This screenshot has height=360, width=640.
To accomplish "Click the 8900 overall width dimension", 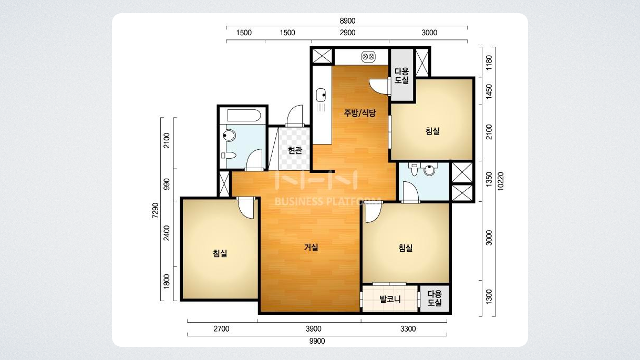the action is point(347,21).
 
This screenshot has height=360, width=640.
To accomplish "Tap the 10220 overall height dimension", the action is point(501,181).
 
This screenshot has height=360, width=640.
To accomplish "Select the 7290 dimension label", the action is point(155,211).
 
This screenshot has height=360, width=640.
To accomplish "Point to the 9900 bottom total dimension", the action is point(317,341).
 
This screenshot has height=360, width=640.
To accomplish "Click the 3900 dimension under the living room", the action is point(313,329).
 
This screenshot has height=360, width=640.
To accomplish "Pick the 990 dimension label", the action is point(167,184).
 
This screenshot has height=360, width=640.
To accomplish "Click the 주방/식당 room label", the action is point(360,113).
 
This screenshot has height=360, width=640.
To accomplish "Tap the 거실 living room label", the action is point(311,248).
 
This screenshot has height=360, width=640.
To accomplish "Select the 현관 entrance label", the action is point(295,150).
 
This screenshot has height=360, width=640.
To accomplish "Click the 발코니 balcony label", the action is point(390,299).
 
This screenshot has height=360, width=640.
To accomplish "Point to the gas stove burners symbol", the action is point(368,57).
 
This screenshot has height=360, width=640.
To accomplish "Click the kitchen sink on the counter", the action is point(321,95).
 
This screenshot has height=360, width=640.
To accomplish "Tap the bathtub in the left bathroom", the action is point(244,116).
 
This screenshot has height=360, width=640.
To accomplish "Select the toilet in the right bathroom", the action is point(414,169).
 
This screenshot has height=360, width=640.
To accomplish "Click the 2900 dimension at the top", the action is point(347,33).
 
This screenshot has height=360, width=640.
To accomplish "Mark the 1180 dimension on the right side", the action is point(489,63).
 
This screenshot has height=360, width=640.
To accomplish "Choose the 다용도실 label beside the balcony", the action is point(435,299).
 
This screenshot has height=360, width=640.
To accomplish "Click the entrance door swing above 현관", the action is point(294,116).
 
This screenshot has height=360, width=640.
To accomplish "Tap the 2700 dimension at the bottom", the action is point(221,329).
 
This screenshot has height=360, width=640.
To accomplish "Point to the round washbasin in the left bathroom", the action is point(229,136).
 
